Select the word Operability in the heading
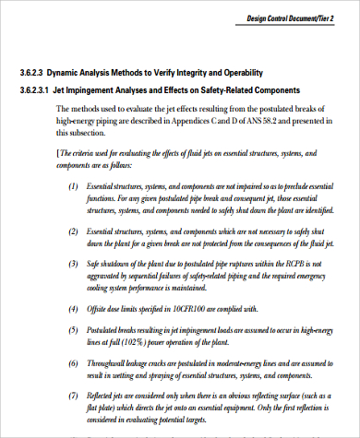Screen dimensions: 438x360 pyautogui.click(x=240, y=72)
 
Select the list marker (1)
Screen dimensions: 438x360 pyautogui.click(x=74, y=185)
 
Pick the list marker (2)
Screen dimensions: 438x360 pyautogui.click(x=74, y=231)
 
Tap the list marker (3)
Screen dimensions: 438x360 pyautogui.click(x=74, y=263)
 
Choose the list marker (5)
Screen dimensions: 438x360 pyautogui.click(x=74, y=327)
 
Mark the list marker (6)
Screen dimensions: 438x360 pyautogui.click(x=74, y=361)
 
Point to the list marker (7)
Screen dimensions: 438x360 pyautogui.click(x=74, y=393)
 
